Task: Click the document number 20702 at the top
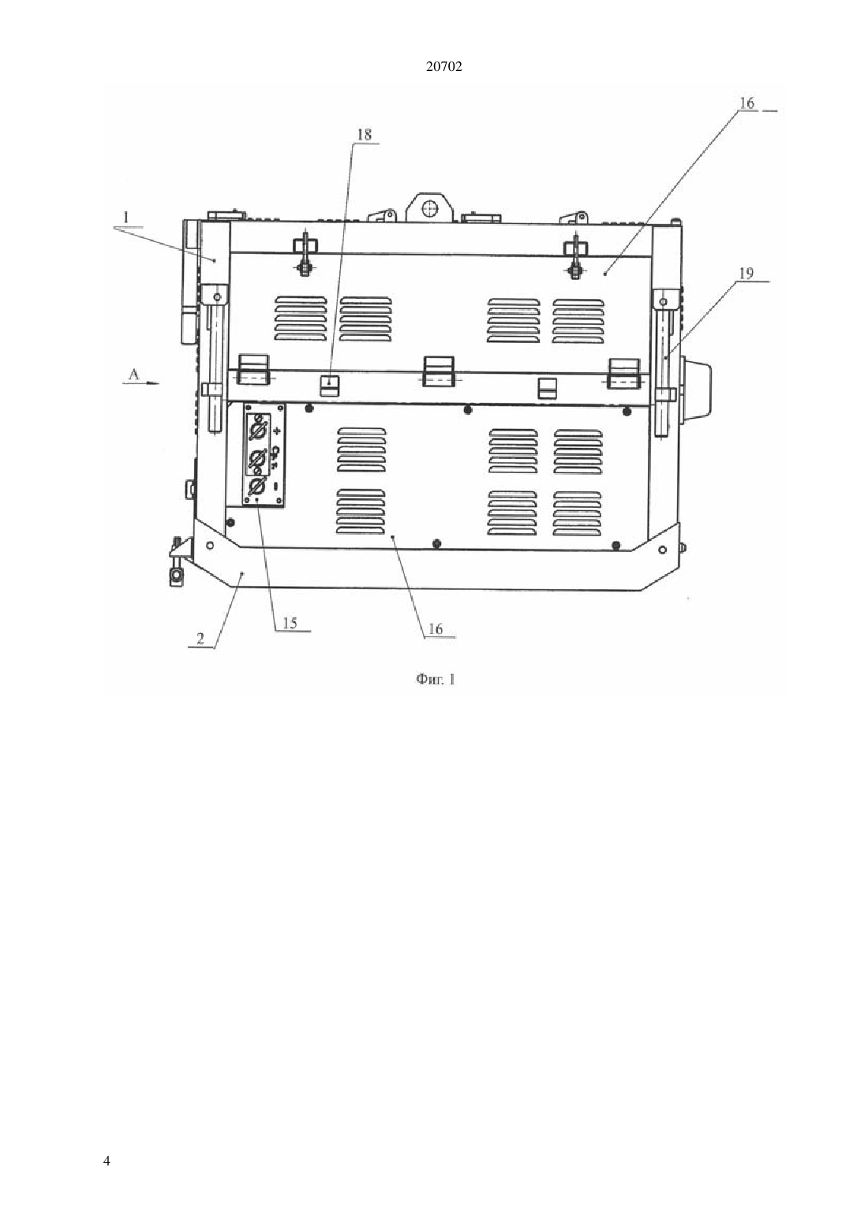[443, 67]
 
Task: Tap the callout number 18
[364, 134]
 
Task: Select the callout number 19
[746, 274]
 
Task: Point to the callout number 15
[290, 623]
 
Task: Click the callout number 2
[200, 639]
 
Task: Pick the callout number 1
[126, 218]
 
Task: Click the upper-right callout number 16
[746, 103]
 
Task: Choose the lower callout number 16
[435, 628]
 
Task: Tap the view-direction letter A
[133, 374]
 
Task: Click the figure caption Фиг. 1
[436, 680]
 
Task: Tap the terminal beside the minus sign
[256, 485]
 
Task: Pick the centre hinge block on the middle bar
[439, 371]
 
